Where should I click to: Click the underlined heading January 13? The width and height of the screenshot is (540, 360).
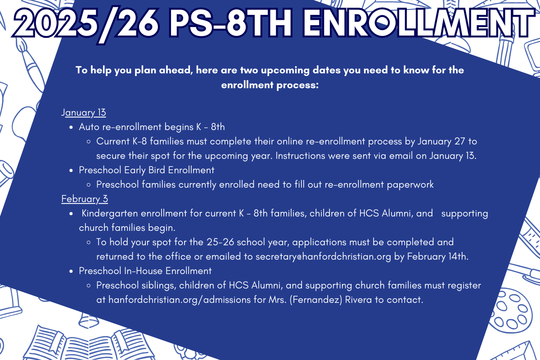(x=83, y=112)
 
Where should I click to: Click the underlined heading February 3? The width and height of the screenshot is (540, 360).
(x=85, y=199)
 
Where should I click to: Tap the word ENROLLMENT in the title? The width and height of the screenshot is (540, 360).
(x=415, y=23)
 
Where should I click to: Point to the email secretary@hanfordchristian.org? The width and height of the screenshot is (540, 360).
(x=323, y=256)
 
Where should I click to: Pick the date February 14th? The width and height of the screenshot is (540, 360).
(x=437, y=256)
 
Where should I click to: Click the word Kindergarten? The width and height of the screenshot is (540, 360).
(x=110, y=214)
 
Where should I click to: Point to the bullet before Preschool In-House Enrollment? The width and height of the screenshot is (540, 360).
(x=71, y=271)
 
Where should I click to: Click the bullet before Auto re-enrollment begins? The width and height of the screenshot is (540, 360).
(x=71, y=127)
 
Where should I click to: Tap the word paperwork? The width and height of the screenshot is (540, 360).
(x=410, y=184)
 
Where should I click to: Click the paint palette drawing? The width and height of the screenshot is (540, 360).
(x=511, y=311)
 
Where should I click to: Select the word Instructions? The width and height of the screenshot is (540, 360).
(x=300, y=156)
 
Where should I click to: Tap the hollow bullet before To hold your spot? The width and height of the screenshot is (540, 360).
(x=89, y=243)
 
